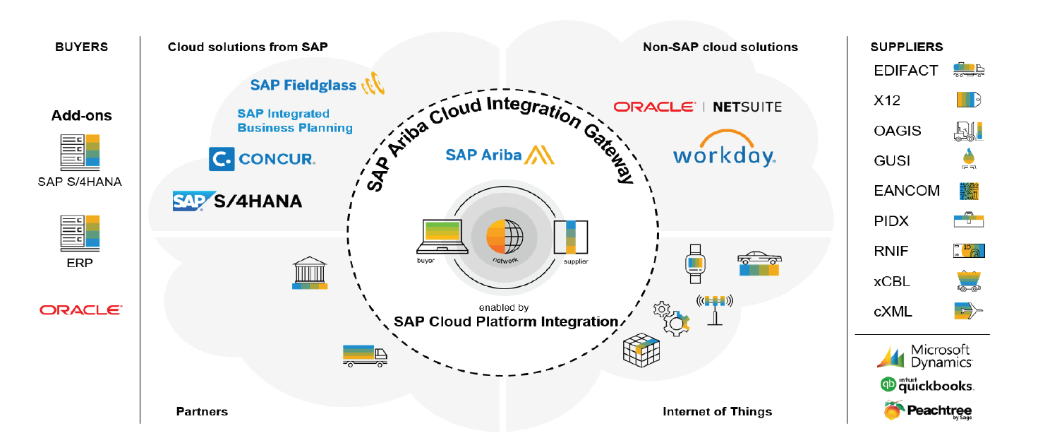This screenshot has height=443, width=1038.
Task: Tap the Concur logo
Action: [262, 159]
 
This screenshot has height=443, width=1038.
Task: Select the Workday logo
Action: [724, 148]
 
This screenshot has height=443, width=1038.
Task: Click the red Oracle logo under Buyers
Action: [81, 309]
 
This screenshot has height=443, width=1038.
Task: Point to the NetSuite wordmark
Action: [747, 107]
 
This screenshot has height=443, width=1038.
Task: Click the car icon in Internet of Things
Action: [759, 264]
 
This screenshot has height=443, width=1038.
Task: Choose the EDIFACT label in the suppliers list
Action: [905, 71]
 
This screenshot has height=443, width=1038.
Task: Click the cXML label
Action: [893, 312]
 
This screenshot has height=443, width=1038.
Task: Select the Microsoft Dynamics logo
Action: [924, 356]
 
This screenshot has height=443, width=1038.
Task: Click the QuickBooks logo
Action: [927, 385]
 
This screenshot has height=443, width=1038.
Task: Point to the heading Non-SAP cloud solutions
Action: [720, 47]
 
